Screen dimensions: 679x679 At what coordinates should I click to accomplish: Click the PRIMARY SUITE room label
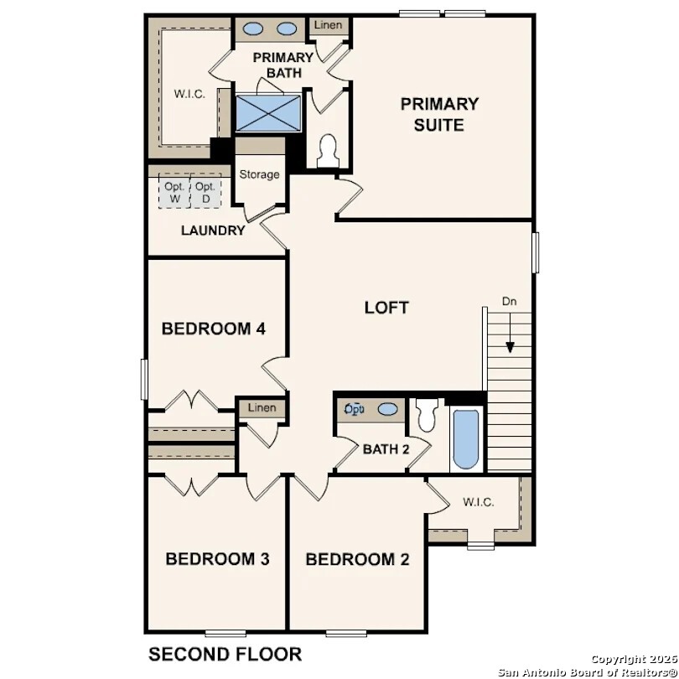(439, 115)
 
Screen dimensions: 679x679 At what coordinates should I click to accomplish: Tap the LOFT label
(386, 308)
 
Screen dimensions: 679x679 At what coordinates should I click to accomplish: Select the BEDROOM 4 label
(214, 329)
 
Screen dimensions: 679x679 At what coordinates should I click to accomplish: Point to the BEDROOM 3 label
(217, 559)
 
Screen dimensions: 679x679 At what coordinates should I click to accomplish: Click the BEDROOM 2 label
(357, 559)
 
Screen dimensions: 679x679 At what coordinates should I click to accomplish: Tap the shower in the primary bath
(268, 113)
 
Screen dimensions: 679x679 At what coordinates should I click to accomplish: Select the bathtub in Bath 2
(466, 439)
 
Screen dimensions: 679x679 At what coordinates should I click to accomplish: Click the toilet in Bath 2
(428, 414)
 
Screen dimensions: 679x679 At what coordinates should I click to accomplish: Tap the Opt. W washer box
(174, 192)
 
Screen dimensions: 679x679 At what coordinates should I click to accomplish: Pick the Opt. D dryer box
(205, 192)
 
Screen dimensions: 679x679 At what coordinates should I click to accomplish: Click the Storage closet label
(259, 174)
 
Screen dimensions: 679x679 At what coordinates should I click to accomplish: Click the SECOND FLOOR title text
(225, 654)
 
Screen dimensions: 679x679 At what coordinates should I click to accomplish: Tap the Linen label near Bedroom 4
(262, 408)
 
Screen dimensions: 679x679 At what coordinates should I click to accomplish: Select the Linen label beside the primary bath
(329, 25)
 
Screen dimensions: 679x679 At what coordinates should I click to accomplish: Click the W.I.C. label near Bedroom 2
(478, 502)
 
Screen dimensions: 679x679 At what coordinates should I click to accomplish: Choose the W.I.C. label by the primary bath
(189, 93)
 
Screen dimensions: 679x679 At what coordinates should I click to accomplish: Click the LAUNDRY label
(213, 231)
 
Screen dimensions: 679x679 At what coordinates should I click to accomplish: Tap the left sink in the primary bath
(253, 29)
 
